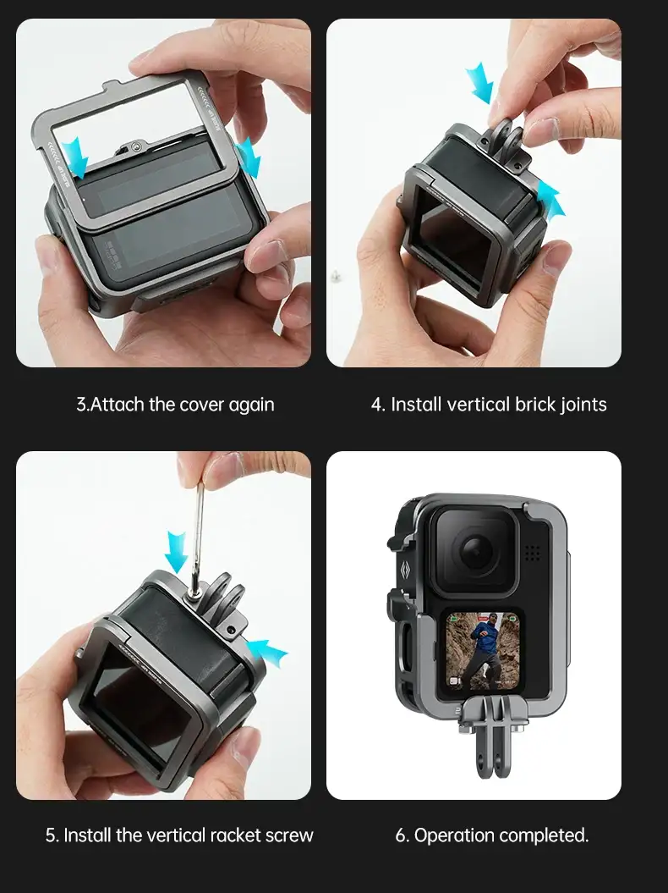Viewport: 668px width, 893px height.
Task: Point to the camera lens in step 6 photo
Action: coord(476,550)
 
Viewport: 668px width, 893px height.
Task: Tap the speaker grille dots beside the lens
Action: coord(532,552)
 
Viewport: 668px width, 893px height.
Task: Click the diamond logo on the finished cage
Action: coord(404,570)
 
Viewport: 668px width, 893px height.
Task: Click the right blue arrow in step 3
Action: coord(249,157)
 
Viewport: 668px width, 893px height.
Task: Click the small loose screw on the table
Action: coord(336,275)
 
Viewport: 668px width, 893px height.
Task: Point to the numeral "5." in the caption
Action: coord(52,835)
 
